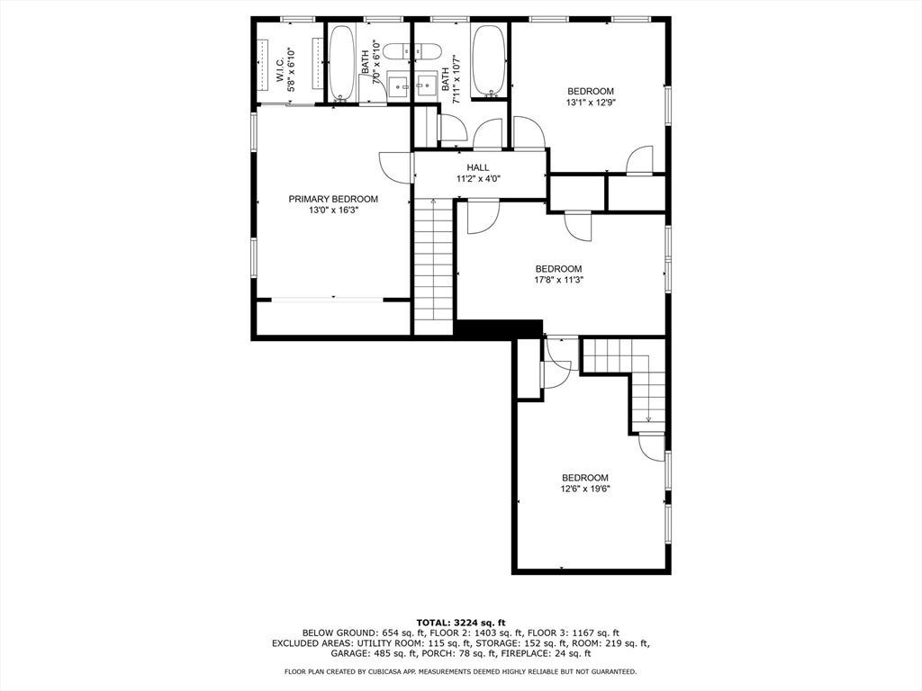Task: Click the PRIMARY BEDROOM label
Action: click(333, 199)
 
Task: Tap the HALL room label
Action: click(478, 167)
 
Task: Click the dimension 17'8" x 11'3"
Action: click(558, 280)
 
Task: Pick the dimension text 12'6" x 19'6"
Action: click(585, 489)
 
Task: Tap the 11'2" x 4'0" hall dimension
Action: click(478, 179)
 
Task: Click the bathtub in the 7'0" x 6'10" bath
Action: click(341, 62)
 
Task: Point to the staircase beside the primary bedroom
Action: click(433, 266)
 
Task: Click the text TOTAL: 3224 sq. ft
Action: click(460, 623)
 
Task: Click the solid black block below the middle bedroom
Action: click(498, 329)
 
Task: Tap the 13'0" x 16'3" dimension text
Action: click(333, 210)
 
